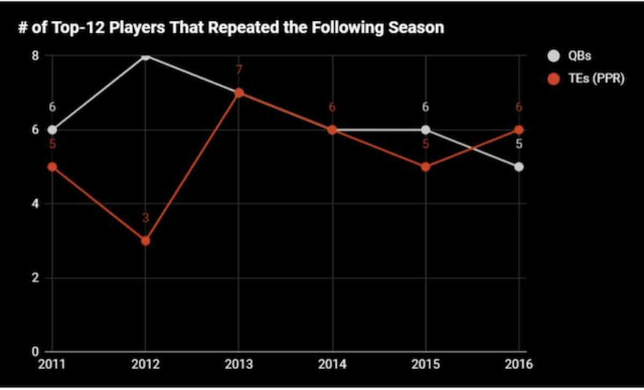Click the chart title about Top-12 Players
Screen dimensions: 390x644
click(231, 27)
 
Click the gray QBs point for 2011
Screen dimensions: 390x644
click(52, 129)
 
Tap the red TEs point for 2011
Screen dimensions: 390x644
click(52, 167)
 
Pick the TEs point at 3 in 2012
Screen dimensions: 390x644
click(145, 241)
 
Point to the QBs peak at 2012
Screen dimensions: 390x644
click(145, 55)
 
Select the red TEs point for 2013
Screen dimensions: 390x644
click(239, 93)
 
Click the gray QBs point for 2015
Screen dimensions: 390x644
click(426, 129)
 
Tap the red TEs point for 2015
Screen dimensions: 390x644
click(426, 167)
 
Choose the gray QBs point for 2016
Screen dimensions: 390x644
click(519, 167)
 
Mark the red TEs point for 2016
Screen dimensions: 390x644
click(519, 129)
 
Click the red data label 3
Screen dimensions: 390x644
click(145, 218)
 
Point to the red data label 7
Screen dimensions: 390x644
click(239, 70)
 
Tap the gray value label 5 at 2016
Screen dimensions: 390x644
click(519, 144)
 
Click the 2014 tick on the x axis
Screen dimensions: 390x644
click(333, 364)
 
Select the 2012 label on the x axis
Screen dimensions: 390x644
click(145, 364)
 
